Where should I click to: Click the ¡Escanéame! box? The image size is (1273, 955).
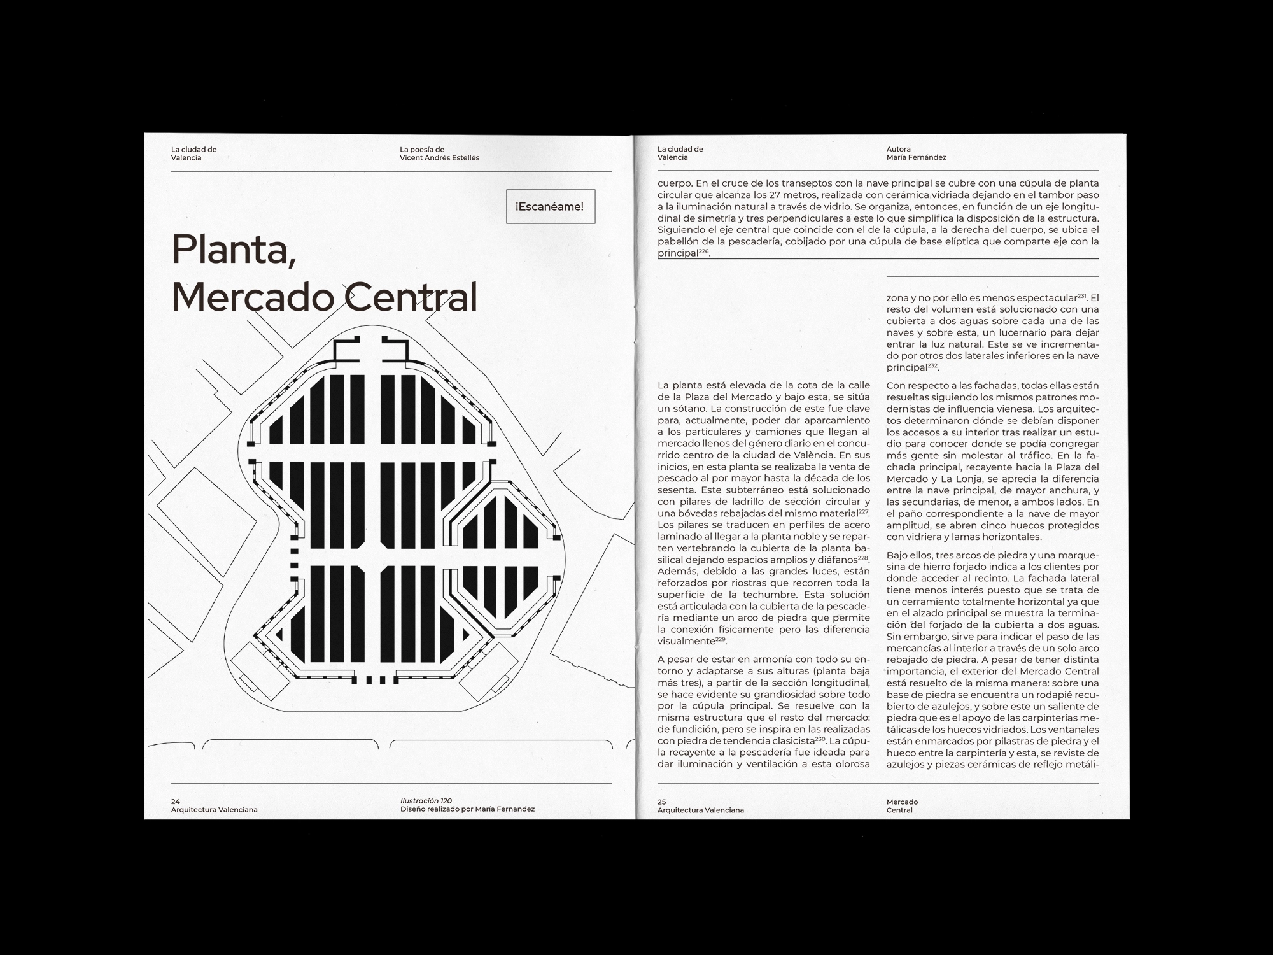[x=551, y=206]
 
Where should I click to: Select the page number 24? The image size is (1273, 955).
[x=176, y=802]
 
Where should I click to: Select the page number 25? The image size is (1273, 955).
[x=662, y=802]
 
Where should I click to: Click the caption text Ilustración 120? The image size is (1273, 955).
[x=426, y=801]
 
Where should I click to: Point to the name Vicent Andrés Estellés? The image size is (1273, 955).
[x=439, y=158]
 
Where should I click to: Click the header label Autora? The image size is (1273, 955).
[x=898, y=150]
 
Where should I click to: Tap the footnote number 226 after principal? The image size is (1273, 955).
[x=703, y=251]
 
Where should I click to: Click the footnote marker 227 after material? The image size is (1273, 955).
[x=864, y=511]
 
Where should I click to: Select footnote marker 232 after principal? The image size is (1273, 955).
[x=932, y=365]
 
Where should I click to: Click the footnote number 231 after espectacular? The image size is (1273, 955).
[x=1083, y=296]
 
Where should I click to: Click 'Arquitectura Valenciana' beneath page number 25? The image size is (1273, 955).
[x=700, y=810]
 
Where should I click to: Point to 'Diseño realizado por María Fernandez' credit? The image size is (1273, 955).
[x=467, y=809]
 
